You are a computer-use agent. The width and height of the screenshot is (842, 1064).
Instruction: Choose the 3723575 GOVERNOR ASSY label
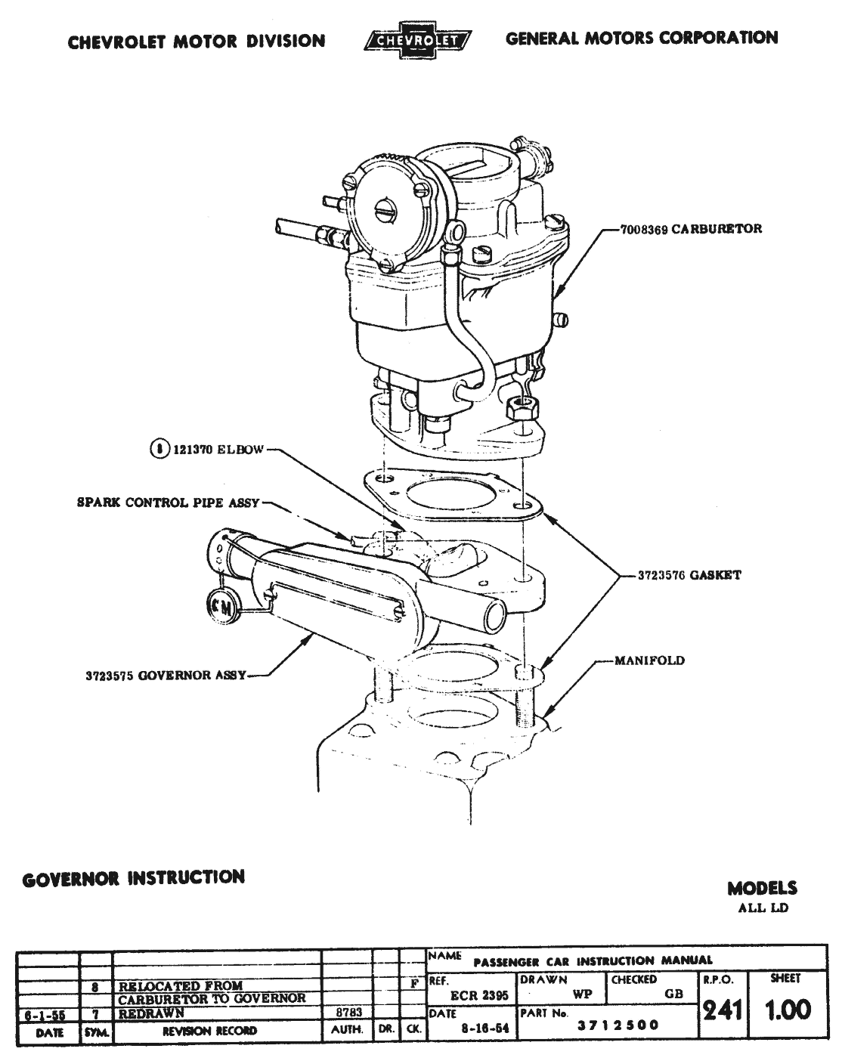pos(166,676)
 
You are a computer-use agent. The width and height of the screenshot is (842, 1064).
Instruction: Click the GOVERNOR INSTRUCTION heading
pos(134,878)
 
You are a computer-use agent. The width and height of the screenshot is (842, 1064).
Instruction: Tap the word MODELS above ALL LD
pos(762,889)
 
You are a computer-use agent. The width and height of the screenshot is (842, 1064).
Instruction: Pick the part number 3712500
pos(618,1025)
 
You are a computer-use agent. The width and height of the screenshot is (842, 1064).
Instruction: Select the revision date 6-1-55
pos(47,1014)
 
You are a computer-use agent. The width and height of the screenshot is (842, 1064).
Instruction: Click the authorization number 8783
pos(348,1013)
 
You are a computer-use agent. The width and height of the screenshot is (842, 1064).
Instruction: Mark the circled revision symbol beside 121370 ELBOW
pos(159,450)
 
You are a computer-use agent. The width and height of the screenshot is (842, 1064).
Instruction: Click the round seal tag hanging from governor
pos(221,605)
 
